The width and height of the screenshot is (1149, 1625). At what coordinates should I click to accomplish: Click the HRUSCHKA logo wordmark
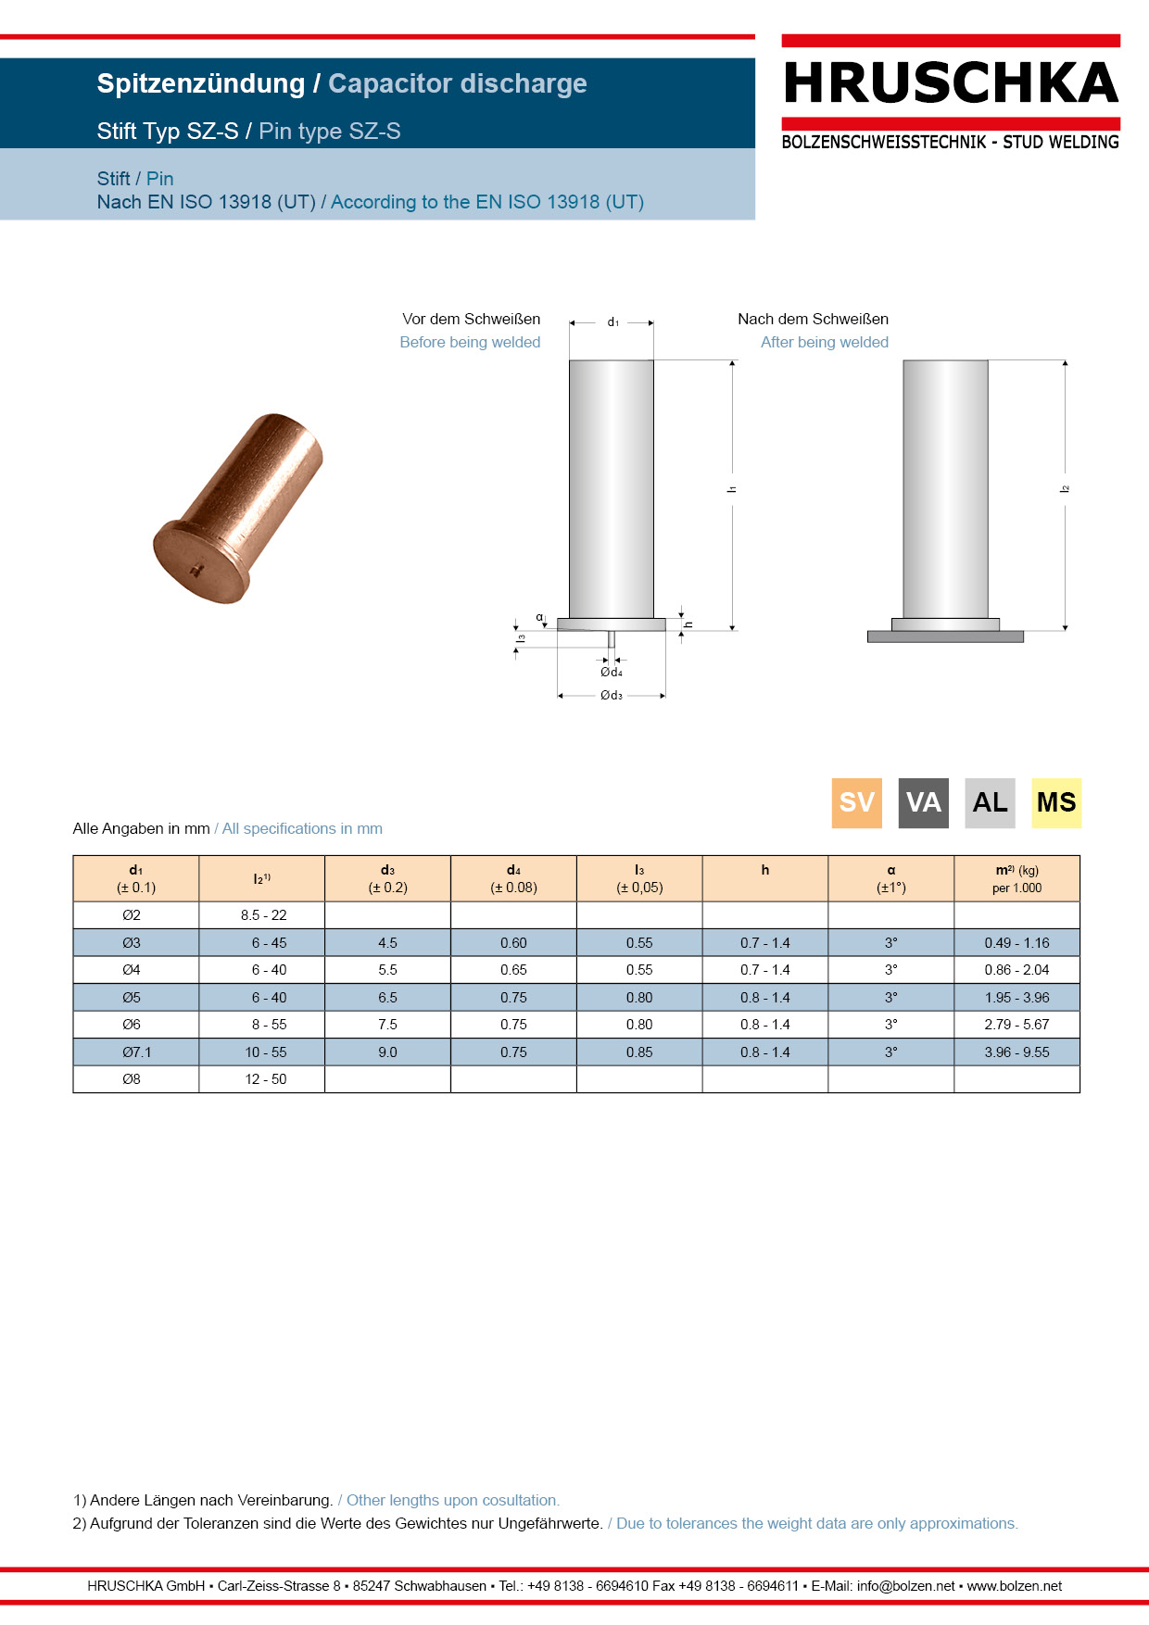pyautogui.click(x=951, y=83)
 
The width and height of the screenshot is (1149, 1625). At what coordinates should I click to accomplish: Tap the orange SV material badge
pyautogui.click(x=857, y=802)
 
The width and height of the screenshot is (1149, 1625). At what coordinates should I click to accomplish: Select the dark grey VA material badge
pyautogui.click(x=924, y=802)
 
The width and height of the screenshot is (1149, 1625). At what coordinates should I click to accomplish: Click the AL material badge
pyautogui.click(x=990, y=802)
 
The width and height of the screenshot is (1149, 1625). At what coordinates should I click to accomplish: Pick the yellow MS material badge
pyautogui.click(x=1056, y=802)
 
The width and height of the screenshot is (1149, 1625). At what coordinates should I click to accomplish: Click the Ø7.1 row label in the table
pyautogui.click(x=136, y=1052)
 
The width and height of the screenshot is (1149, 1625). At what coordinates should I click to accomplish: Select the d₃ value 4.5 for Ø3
pyautogui.click(x=387, y=943)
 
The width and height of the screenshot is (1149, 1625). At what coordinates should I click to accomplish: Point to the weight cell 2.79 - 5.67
pyautogui.click(x=1016, y=1025)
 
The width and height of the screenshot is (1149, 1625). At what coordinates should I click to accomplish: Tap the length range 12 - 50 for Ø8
pyautogui.click(x=266, y=1079)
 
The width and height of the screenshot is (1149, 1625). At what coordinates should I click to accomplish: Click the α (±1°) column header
pyautogui.click(x=891, y=878)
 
